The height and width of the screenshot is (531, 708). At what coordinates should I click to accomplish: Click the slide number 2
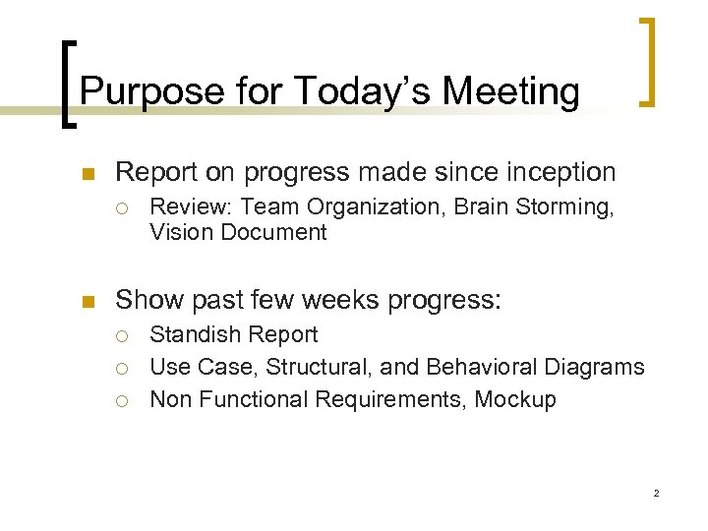click(x=656, y=493)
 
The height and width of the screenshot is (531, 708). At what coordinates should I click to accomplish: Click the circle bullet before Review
click(x=124, y=207)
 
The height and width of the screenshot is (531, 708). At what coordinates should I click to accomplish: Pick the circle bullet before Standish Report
click(x=124, y=335)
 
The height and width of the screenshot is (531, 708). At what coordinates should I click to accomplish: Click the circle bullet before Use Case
click(x=124, y=368)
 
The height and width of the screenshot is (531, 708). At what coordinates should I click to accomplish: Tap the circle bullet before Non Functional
click(x=124, y=400)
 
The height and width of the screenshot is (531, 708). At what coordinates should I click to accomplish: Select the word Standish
click(x=191, y=334)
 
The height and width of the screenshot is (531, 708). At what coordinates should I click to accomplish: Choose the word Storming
click(x=570, y=206)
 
